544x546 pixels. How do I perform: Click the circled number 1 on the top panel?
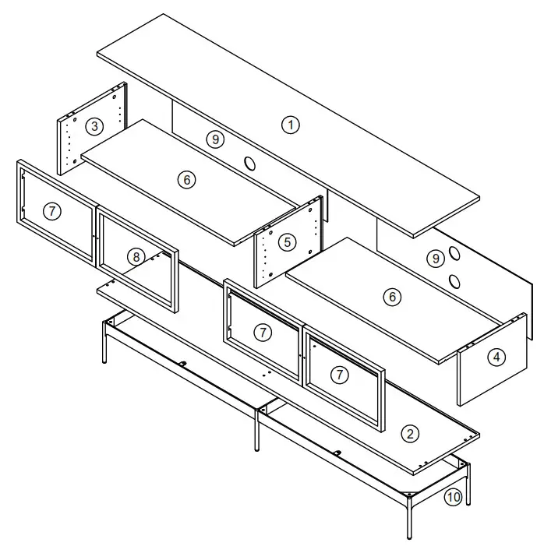[x=290, y=124]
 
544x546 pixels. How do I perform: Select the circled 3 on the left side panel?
[x=94, y=125]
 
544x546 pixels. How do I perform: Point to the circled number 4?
[x=496, y=358]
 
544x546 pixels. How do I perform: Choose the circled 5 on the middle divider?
[x=288, y=242]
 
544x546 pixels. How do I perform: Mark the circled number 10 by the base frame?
[x=454, y=495]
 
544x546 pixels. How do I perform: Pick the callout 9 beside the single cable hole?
[x=216, y=139]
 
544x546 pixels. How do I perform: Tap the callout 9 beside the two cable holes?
[x=436, y=257]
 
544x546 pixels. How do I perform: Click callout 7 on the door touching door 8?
[x=51, y=211]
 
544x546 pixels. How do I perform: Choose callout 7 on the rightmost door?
[x=339, y=375]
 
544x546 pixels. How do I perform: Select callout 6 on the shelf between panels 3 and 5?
[x=185, y=180]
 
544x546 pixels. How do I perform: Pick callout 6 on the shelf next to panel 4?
[x=393, y=297]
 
